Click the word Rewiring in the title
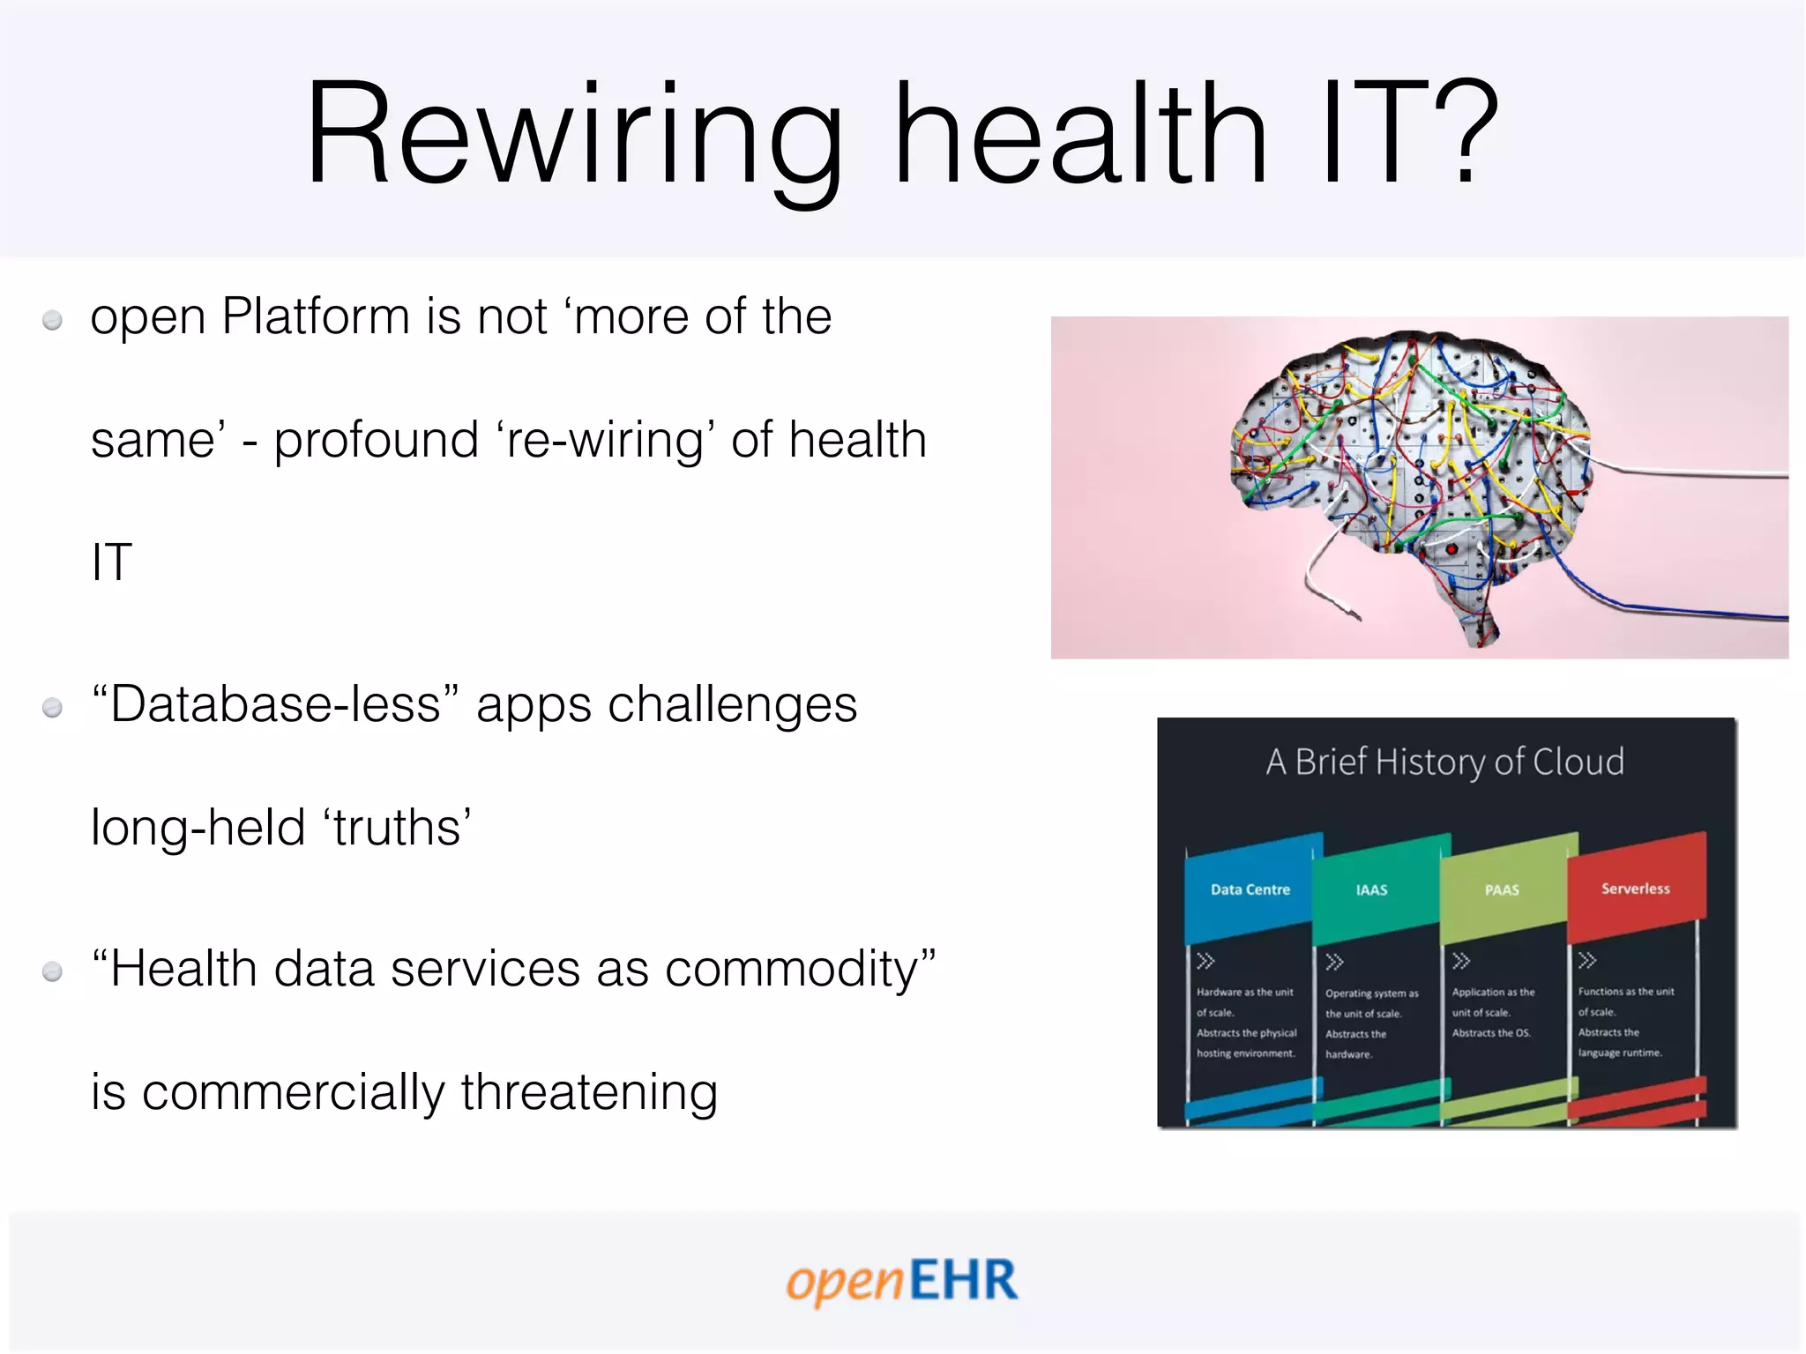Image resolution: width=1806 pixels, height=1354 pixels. (x=573, y=137)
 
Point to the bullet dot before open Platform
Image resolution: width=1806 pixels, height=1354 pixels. (x=53, y=320)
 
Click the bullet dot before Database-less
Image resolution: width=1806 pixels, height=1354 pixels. (x=53, y=707)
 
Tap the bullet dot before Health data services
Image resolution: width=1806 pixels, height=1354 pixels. (x=53, y=971)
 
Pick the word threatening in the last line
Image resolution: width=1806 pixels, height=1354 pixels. (x=588, y=1092)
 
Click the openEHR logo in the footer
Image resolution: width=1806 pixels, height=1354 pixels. (x=901, y=1281)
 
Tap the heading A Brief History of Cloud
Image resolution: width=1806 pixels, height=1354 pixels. (x=1444, y=762)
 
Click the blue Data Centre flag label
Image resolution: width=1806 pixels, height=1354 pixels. (x=1250, y=889)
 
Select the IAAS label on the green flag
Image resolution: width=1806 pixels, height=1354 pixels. (x=1371, y=890)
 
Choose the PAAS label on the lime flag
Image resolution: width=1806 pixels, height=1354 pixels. (x=1501, y=890)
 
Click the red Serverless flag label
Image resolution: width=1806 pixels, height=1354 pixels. (x=1635, y=889)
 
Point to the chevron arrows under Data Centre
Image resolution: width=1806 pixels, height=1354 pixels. (x=1205, y=961)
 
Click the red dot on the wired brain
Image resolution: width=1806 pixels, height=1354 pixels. (x=1452, y=549)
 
